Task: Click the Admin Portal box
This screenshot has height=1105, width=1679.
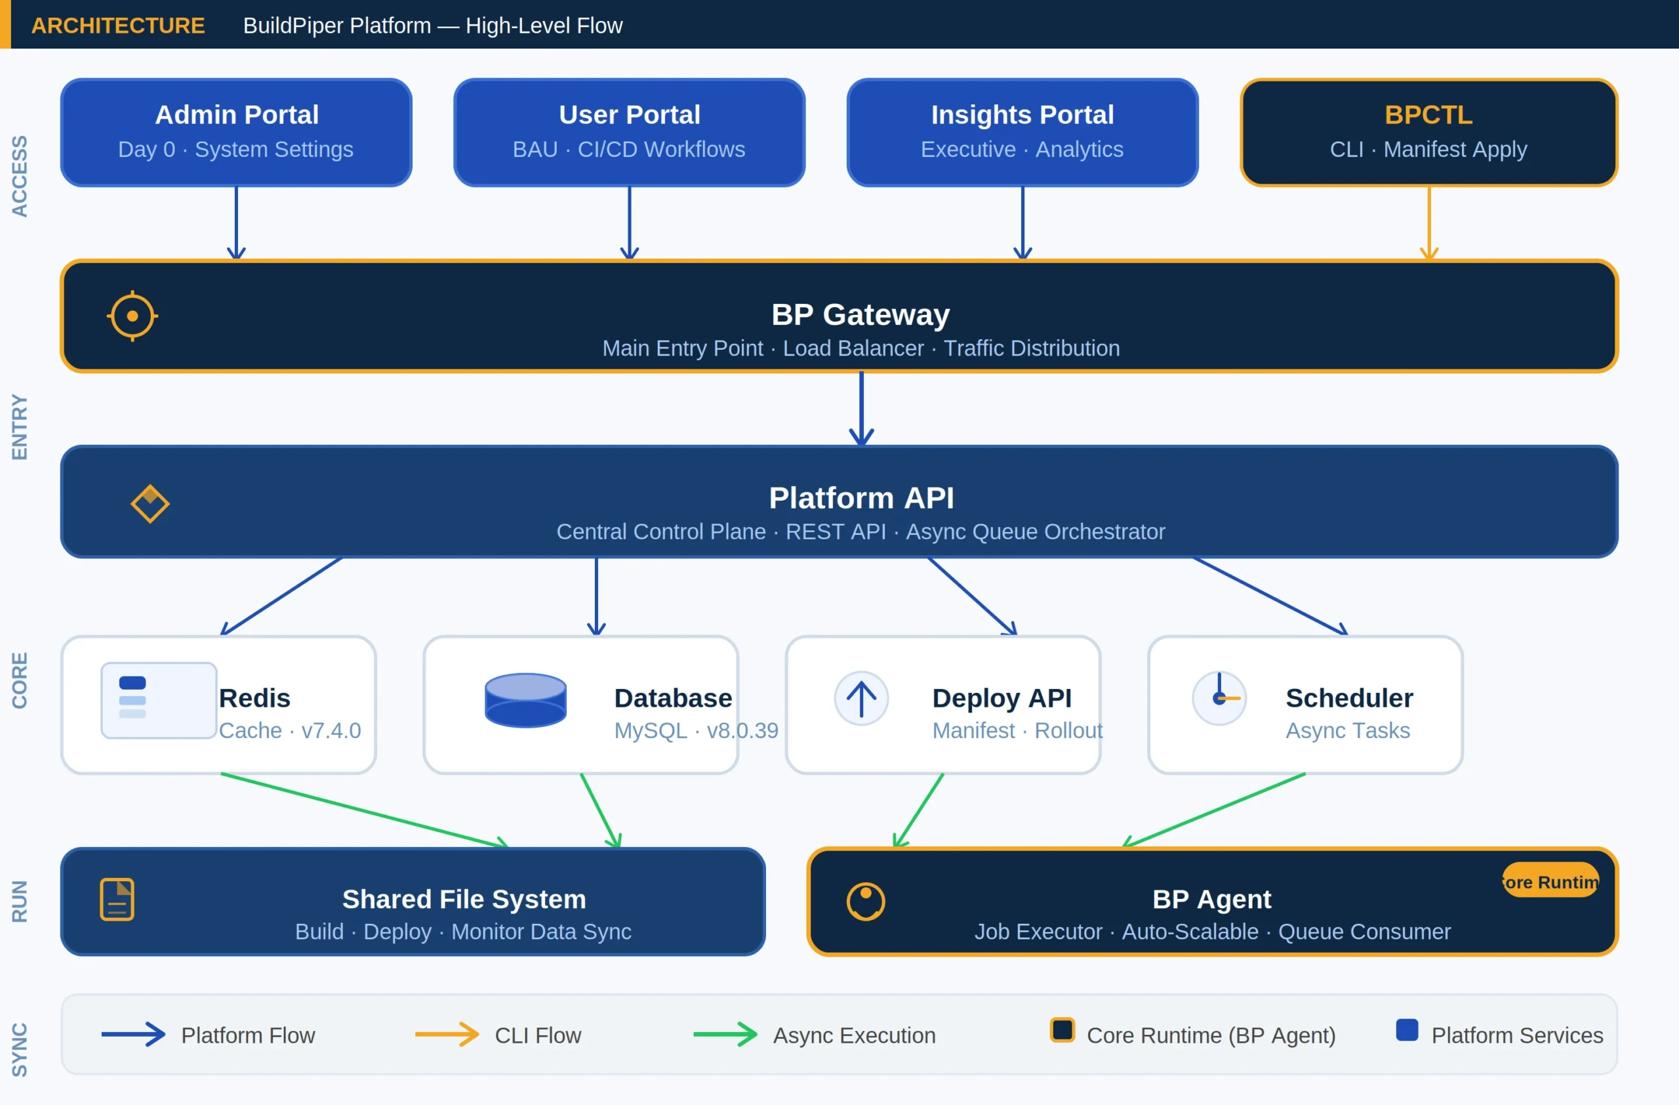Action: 235,132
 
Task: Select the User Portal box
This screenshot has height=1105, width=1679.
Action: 628,132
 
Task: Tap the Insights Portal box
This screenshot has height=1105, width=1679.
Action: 1022,132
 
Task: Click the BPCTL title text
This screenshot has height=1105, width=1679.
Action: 1428,115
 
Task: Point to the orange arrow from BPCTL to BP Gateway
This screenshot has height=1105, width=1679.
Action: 1428,222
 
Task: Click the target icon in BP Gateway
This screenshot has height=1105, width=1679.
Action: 132,316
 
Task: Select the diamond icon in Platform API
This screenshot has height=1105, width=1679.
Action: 150,503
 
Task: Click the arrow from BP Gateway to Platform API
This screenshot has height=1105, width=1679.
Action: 860,408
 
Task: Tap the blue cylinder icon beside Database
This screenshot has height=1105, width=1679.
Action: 525,699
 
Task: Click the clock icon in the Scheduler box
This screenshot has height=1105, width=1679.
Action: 1219,698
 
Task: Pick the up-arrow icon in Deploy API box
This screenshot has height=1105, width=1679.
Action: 860,698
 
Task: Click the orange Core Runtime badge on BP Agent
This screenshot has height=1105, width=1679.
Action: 1550,881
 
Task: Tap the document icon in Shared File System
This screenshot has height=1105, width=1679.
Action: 117,899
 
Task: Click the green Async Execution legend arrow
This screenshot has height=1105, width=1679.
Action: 725,1034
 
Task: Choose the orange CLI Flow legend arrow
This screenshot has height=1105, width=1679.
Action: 447,1034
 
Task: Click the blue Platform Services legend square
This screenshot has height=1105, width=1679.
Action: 1407,1030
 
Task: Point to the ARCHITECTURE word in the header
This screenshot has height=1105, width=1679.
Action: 118,26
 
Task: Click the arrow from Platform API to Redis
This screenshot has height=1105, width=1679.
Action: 281,596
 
